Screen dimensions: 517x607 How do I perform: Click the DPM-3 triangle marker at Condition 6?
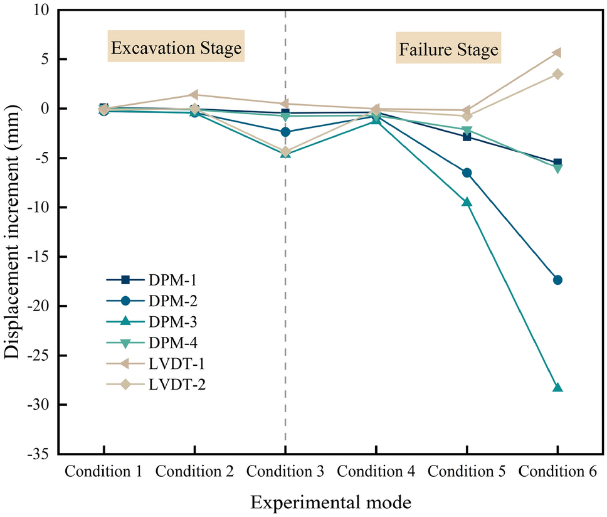click(557, 388)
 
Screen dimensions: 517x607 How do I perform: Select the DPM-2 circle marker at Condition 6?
click(557, 280)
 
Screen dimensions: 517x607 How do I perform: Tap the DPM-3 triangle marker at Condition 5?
click(467, 202)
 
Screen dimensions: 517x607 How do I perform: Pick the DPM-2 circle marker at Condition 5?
click(467, 173)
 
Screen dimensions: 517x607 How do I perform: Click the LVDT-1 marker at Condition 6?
click(557, 53)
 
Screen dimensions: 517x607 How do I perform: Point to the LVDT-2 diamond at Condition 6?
click(557, 74)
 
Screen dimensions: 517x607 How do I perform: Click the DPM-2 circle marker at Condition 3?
click(285, 132)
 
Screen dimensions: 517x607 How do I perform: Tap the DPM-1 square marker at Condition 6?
click(557, 163)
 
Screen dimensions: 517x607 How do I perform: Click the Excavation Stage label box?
click(176, 48)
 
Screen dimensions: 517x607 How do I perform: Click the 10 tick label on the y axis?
click(45, 11)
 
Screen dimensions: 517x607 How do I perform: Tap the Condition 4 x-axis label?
click(376, 471)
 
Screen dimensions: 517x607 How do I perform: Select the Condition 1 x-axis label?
click(103, 471)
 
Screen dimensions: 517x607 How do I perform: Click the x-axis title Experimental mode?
click(331, 503)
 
